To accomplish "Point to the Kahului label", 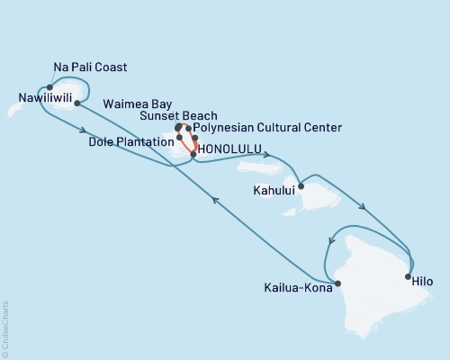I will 274,191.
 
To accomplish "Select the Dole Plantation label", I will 134,140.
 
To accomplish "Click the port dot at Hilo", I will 408,276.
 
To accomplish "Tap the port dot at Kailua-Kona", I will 337,284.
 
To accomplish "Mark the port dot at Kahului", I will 301,186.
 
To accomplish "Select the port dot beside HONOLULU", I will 193,155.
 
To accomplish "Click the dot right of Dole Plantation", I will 180,138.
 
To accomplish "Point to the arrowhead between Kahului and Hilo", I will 362,207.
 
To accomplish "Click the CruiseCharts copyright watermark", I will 5,329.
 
